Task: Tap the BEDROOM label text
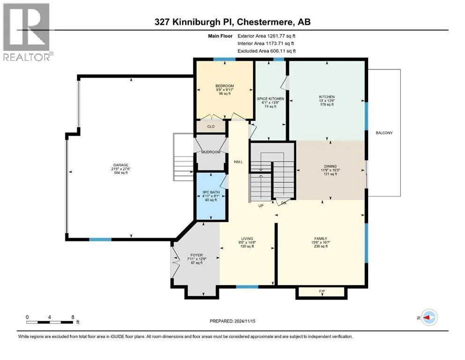224,86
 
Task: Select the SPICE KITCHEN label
271,99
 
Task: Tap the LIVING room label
247,238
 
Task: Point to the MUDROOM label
211,152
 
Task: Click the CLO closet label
211,126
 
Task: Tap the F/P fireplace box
322,292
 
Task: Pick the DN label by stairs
284,203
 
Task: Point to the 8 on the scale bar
73,316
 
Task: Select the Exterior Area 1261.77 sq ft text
266,36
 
